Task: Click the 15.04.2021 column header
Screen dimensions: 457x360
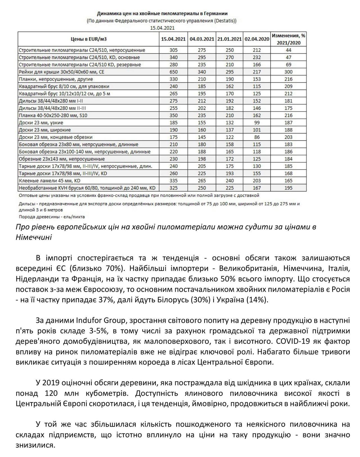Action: (x=173, y=39)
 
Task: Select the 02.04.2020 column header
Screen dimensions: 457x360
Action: (x=257, y=39)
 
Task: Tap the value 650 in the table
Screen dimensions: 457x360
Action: (x=174, y=72)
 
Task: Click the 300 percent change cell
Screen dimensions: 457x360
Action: (x=288, y=72)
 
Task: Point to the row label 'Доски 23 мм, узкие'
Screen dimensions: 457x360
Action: (x=41, y=123)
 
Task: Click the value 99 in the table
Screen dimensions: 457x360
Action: (x=257, y=123)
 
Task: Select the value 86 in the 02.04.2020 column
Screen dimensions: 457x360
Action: (x=257, y=137)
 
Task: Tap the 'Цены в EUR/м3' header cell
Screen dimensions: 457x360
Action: (x=89, y=39)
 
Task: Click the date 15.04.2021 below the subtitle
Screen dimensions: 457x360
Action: (x=162, y=28)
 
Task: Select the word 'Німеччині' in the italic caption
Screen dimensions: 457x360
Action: (x=34, y=237)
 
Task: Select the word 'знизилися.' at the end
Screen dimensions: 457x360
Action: (x=35, y=445)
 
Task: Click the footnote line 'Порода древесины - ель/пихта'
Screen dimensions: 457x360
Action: (x=52, y=217)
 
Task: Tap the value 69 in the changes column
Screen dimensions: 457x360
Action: (x=288, y=65)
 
